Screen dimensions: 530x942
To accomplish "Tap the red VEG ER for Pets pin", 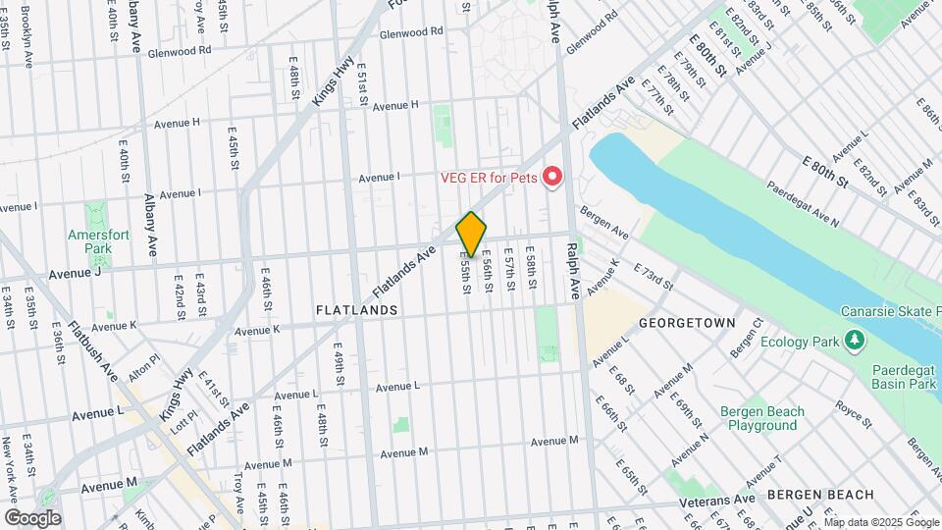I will tap(552, 177).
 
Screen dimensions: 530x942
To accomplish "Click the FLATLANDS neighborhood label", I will tap(357, 310).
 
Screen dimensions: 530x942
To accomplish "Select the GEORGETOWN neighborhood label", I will tap(687, 322).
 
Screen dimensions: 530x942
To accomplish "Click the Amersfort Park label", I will tap(91, 241).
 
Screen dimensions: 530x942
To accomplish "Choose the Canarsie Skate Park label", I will tap(892, 312).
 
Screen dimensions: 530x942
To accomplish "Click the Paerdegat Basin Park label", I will tap(905, 378).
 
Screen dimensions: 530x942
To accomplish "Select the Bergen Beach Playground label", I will tap(761, 418).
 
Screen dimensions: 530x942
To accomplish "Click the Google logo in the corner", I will tap(31, 518).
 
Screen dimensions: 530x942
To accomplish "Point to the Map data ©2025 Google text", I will tap(881, 523).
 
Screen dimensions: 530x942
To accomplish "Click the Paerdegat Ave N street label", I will tap(803, 205).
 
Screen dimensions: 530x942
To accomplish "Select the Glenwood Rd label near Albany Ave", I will tap(180, 49).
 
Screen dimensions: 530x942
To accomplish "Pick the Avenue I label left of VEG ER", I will tap(379, 178).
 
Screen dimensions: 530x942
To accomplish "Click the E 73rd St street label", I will tap(653, 278).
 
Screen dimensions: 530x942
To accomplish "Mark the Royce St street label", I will tap(854, 412).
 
